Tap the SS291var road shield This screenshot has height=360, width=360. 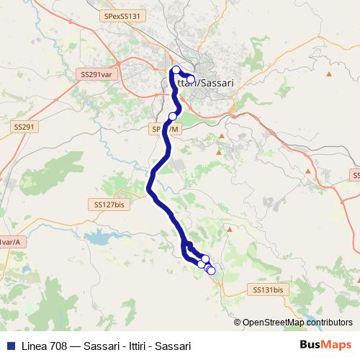click(x=96, y=73)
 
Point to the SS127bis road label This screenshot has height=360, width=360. click(x=109, y=204)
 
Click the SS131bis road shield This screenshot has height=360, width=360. click(x=269, y=289)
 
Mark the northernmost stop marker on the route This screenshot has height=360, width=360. click(x=176, y=70)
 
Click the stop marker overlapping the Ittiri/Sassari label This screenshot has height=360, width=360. click(x=191, y=79)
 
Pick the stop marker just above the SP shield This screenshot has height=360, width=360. click(x=173, y=116)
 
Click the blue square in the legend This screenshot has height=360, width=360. click(x=9, y=346)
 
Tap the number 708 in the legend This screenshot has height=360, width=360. click(x=61, y=346)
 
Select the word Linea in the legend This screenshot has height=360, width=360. click(x=35, y=346)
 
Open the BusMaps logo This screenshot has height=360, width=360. click(x=325, y=345)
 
